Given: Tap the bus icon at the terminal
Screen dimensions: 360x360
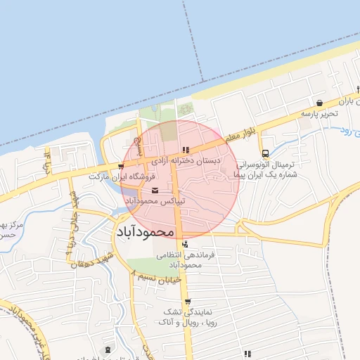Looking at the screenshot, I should (265, 153).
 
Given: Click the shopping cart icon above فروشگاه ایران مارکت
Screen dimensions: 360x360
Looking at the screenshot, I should (121, 167).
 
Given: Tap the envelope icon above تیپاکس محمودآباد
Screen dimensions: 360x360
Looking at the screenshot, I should (155, 191).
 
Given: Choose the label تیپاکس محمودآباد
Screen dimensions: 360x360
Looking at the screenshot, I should (155, 201).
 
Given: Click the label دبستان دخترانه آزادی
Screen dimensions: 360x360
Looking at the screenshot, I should (187, 161).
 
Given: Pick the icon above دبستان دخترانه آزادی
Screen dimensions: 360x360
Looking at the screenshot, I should (186, 149).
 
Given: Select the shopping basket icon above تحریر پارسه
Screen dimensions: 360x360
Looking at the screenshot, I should (320, 103).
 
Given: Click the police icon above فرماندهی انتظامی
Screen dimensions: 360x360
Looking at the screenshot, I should (185, 244).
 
